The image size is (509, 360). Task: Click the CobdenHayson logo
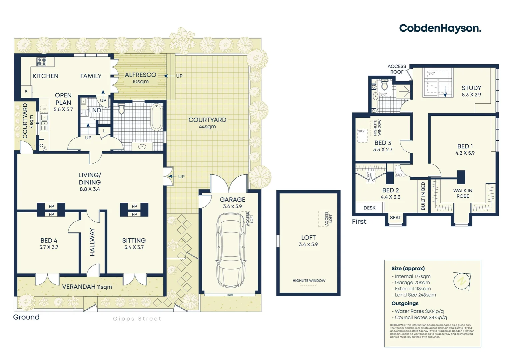(x=440, y=28)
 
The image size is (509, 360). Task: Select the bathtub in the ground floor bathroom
(x=156, y=117)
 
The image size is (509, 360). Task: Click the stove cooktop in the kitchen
(x=41, y=61)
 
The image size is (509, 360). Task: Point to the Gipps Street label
(x=137, y=319)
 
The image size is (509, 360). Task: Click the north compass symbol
(x=462, y=281)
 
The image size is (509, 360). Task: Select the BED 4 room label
(x=49, y=244)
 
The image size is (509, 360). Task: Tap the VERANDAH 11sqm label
(x=87, y=287)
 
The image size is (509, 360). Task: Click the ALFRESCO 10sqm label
(x=140, y=78)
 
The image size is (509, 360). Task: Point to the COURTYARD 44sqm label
(x=207, y=123)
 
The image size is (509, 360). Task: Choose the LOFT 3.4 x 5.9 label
(x=308, y=241)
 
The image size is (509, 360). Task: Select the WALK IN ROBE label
(x=463, y=193)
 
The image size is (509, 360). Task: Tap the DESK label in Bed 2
(x=369, y=208)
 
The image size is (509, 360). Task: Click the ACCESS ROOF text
(x=397, y=69)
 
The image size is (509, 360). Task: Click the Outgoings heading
(x=405, y=303)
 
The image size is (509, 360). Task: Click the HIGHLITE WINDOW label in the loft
(x=309, y=281)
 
